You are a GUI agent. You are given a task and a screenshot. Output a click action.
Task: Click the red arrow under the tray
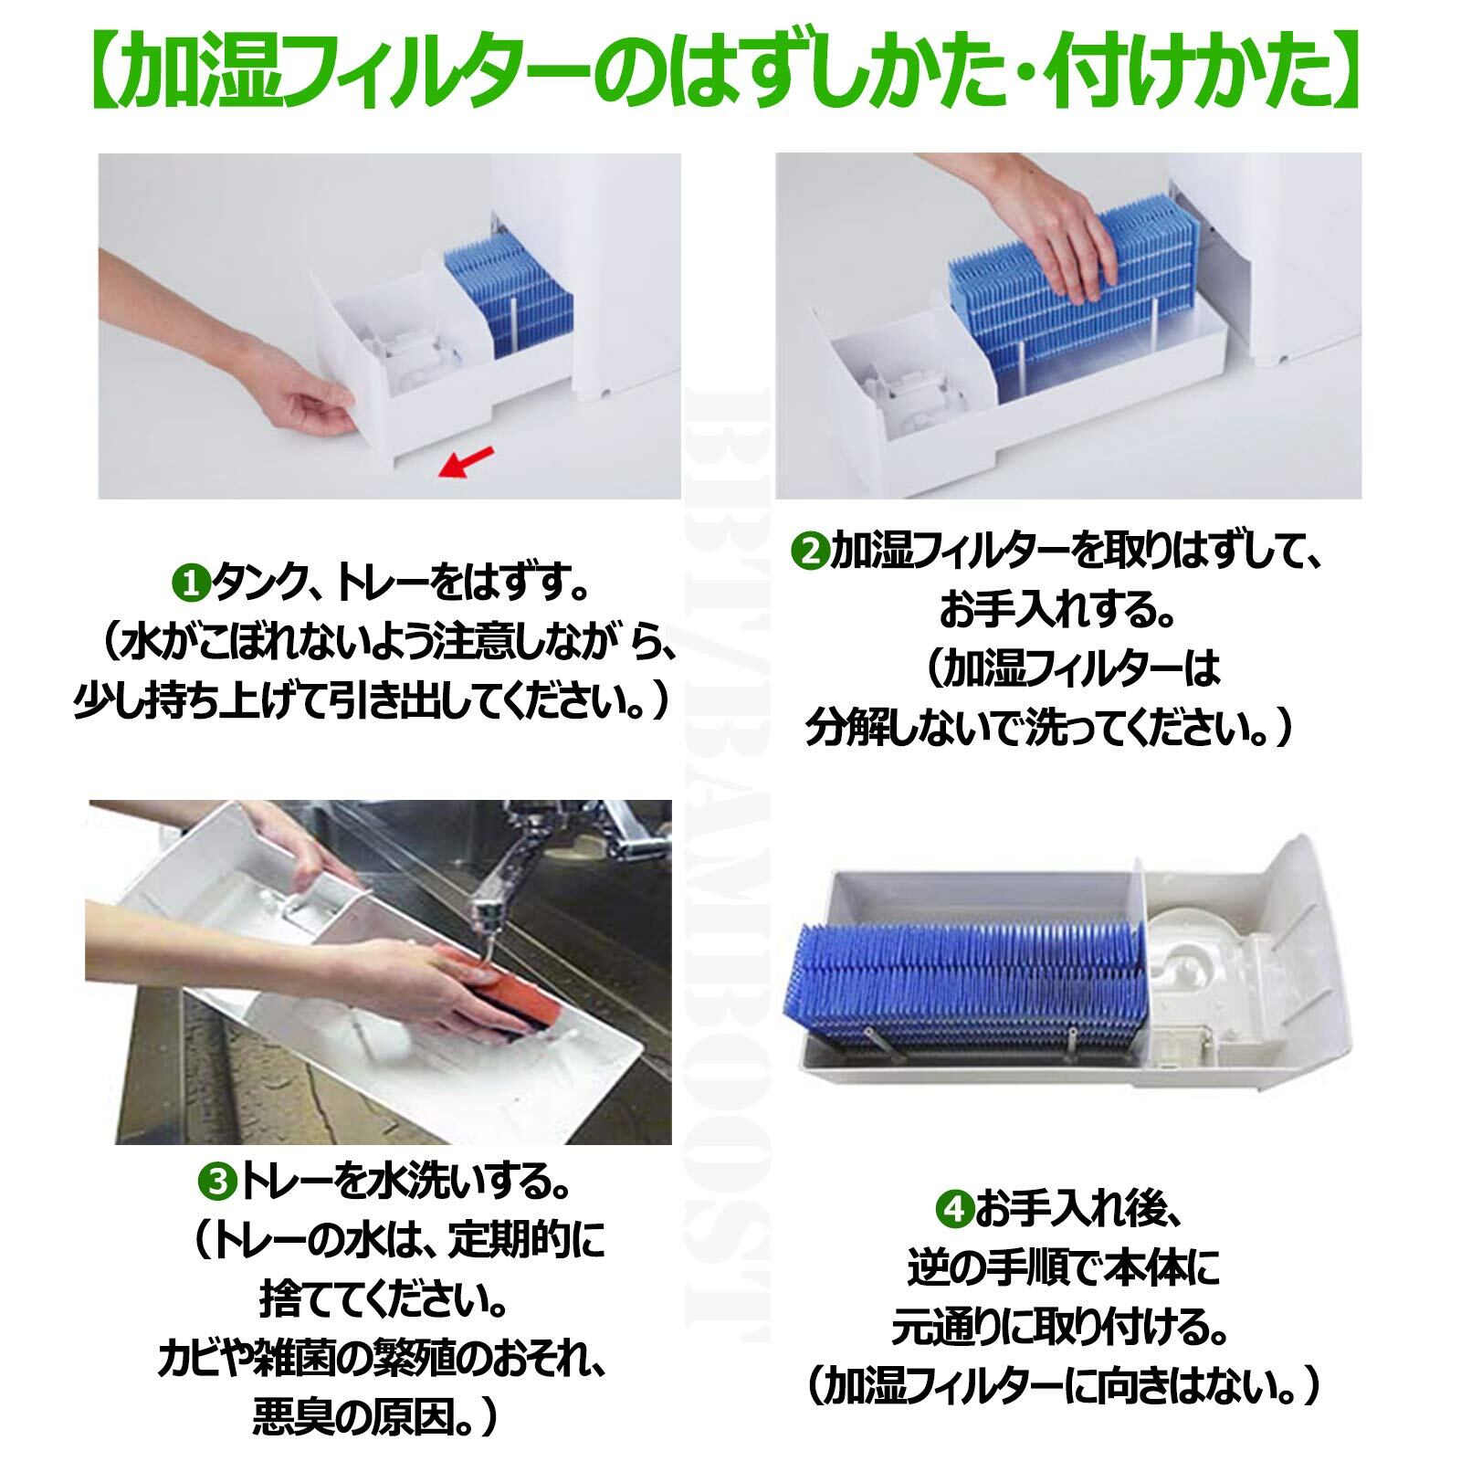tap(467, 462)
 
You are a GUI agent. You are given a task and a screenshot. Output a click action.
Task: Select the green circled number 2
tap(809, 553)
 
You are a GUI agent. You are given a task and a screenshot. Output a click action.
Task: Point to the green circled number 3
tap(216, 1184)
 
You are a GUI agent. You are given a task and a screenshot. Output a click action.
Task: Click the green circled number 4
tap(953, 1212)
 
